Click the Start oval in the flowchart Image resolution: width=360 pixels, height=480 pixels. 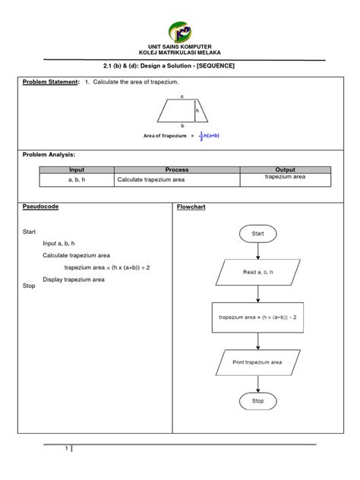pyautogui.click(x=257, y=235)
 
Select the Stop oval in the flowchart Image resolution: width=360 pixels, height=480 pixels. pyautogui.click(x=257, y=400)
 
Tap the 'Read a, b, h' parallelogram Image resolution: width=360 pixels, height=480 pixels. pyautogui.click(x=257, y=272)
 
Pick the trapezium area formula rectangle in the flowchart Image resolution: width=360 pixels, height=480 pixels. pyautogui.click(x=257, y=317)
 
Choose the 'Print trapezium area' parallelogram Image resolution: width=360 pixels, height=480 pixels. pyautogui.click(x=257, y=362)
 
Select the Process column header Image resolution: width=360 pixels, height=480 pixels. pyautogui.click(x=176, y=170)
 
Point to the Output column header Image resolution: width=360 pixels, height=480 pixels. pyautogui.click(x=285, y=170)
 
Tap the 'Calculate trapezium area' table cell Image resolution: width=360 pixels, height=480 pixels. pyautogui.click(x=176, y=181)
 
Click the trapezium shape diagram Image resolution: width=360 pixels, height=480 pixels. pyautogui.click(x=182, y=111)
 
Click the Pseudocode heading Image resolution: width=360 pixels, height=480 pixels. pyautogui.click(x=41, y=207)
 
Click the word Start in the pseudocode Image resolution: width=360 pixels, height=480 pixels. pyautogui.click(x=30, y=230)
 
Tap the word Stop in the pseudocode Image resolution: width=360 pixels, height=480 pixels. pyautogui.click(x=30, y=286)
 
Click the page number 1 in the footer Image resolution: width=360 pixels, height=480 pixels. pyautogui.click(x=68, y=449)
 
